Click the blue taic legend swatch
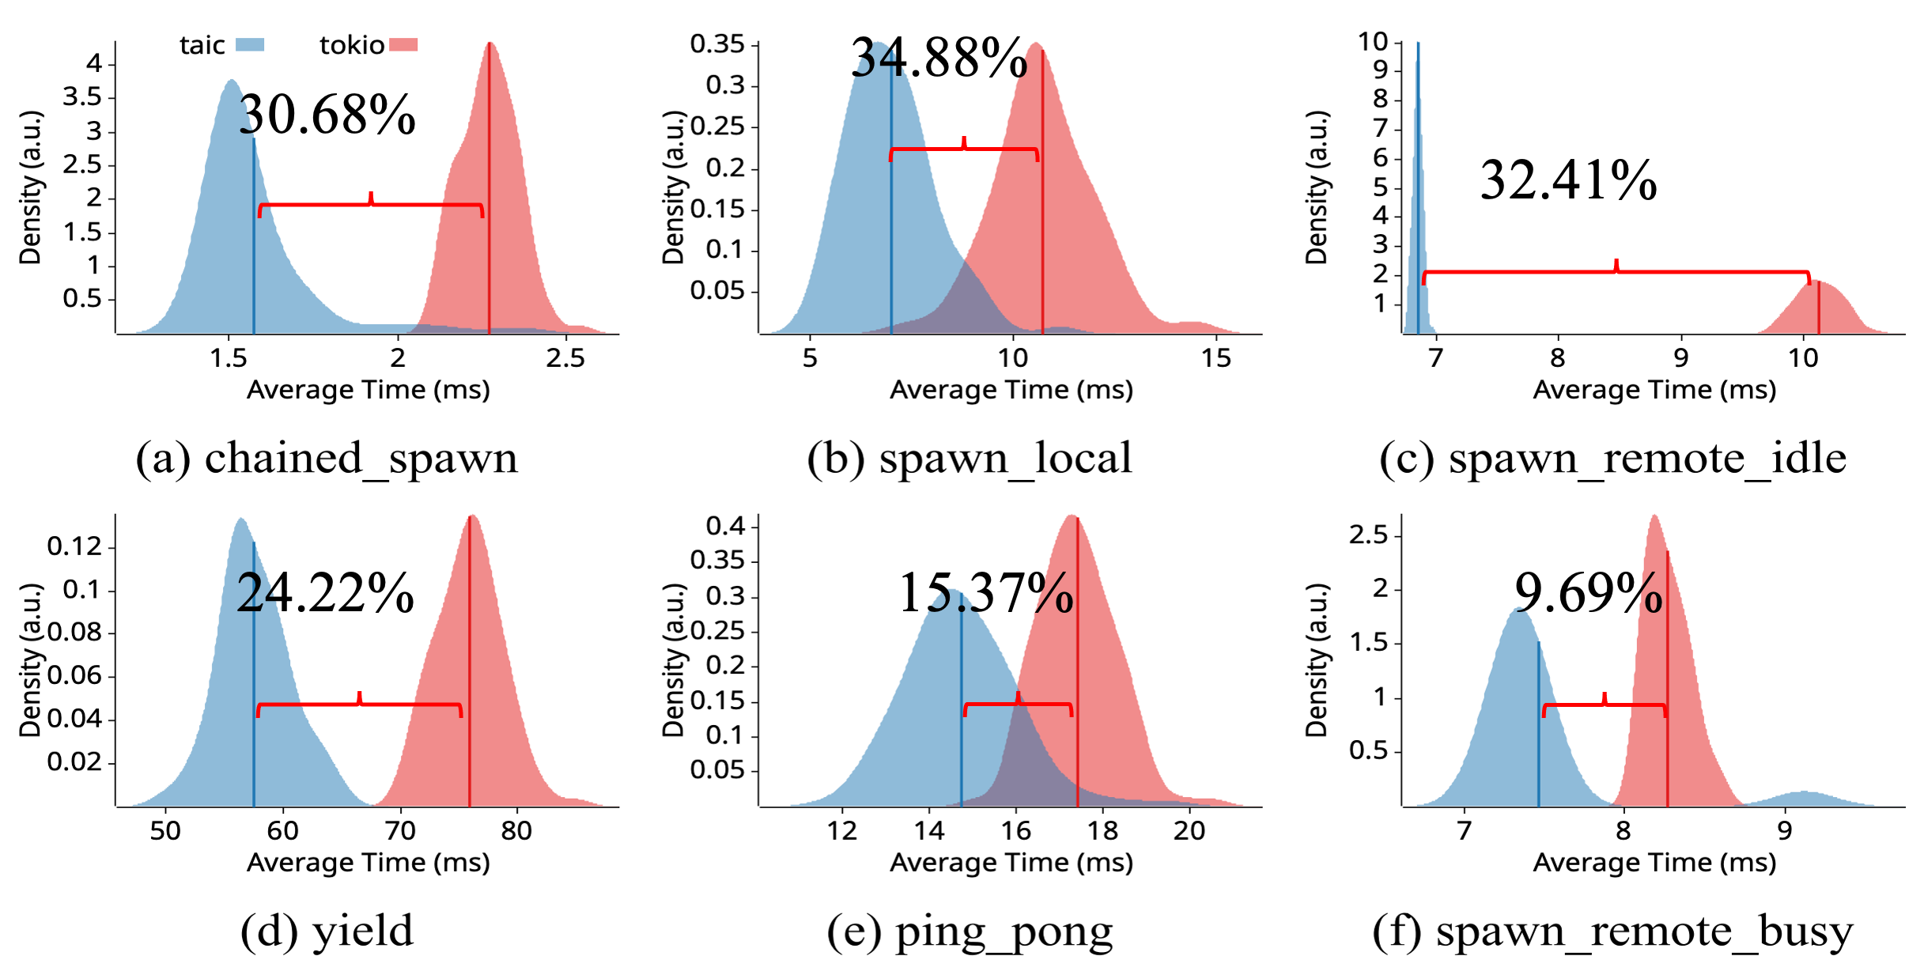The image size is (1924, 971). tap(250, 45)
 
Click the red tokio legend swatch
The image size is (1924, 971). tap(403, 45)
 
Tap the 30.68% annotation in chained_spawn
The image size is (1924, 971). tap(327, 115)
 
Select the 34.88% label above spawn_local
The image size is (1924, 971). tap(939, 59)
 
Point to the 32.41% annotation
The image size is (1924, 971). tap(1568, 180)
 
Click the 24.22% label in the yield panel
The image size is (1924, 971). tap(325, 593)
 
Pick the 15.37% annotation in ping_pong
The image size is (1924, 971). tap(986, 593)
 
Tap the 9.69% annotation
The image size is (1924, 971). tap(1588, 593)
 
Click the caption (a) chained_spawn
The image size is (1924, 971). tap(327, 459)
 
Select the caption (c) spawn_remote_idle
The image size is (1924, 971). tap(1612, 459)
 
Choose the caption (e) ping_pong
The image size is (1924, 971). tap(970, 931)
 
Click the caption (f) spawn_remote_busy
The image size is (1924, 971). tap(1612, 931)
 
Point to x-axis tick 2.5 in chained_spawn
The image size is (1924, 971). tap(565, 359)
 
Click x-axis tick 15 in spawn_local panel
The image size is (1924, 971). tap(1216, 359)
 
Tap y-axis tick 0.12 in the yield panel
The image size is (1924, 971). tap(74, 546)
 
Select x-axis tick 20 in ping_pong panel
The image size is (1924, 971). tap(1189, 831)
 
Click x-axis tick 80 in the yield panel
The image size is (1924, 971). tap(516, 831)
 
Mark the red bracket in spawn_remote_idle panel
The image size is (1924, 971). tap(1616, 272)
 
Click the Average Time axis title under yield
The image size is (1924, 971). tap(369, 863)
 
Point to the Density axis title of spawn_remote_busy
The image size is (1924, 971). tap(1317, 659)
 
